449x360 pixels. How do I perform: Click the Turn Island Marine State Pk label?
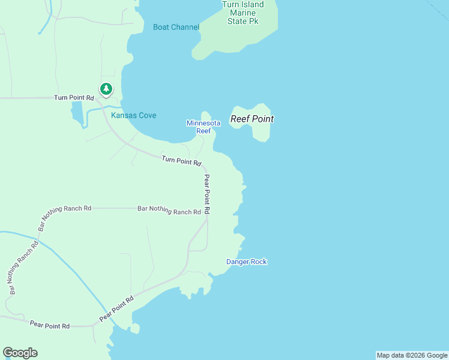243,13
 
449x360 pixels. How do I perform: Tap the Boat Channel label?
176,28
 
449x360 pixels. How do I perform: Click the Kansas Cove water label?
133,115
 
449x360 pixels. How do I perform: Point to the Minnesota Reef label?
203,127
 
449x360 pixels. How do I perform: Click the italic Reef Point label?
252,119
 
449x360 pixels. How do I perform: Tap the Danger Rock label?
246,262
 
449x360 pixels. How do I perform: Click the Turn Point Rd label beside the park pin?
74,98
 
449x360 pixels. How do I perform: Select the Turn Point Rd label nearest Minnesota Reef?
181,161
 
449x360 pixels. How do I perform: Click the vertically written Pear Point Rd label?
206,194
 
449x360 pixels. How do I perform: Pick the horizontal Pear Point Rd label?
50,325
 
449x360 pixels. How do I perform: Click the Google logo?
20,353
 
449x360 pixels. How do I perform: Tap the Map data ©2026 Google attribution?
412,355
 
